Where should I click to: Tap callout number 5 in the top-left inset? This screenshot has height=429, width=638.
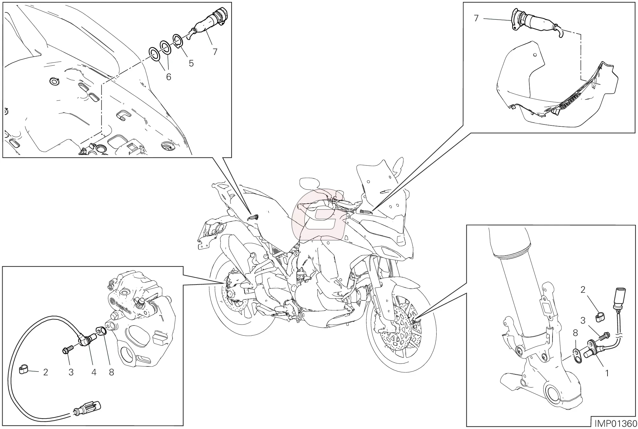click(x=191, y=63)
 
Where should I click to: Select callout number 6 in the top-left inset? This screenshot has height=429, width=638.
click(x=168, y=77)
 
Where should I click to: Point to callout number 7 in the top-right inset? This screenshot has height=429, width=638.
click(x=476, y=18)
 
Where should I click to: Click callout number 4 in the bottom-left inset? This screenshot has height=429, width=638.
click(x=94, y=372)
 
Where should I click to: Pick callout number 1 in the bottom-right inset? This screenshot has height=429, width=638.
click(x=607, y=373)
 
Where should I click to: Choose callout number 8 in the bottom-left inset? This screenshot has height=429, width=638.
click(x=111, y=372)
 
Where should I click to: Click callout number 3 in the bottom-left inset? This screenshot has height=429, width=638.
click(x=71, y=372)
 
